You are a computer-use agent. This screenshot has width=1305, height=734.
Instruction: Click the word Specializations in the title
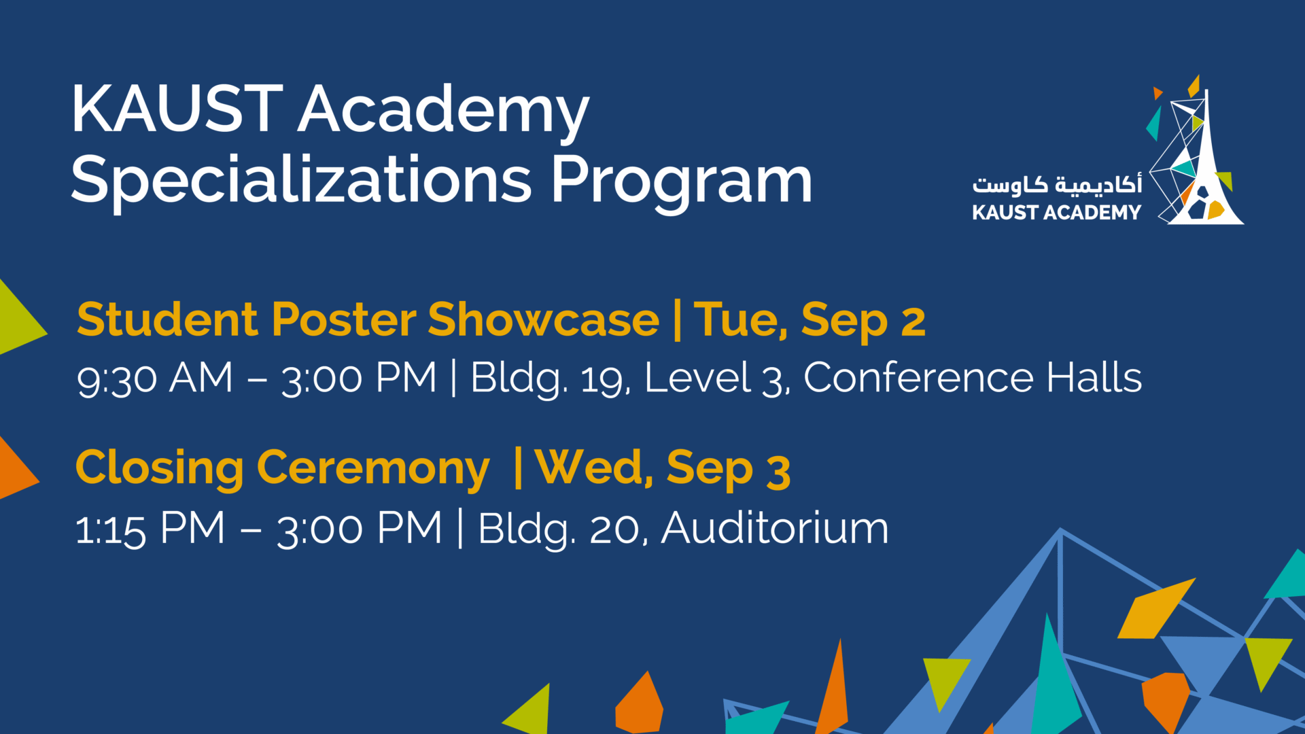click(302, 179)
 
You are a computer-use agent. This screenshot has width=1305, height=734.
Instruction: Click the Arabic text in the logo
click(1057, 184)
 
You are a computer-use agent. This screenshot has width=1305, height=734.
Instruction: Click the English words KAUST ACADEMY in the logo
click(1057, 213)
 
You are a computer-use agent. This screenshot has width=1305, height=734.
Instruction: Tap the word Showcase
click(544, 319)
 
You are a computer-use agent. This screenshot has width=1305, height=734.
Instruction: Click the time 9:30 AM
click(154, 379)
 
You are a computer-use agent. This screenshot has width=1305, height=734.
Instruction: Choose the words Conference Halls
click(973, 378)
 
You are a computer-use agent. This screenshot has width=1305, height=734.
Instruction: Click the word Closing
click(160, 468)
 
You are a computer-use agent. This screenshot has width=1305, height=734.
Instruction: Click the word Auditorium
click(775, 528)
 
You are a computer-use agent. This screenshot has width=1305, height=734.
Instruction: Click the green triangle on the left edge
click(20, 317)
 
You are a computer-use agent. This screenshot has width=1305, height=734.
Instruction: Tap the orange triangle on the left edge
click(17, 468)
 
